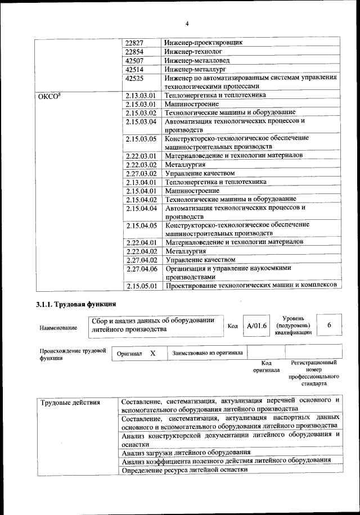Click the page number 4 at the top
pos(186,24)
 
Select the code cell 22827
pos(134,43)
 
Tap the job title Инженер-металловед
pos(197,61)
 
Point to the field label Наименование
pos(56,327)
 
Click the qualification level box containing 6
pos(329,326)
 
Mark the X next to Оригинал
pos(152,353)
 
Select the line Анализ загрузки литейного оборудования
pos(186,452)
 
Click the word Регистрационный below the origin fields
pos(313,363)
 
